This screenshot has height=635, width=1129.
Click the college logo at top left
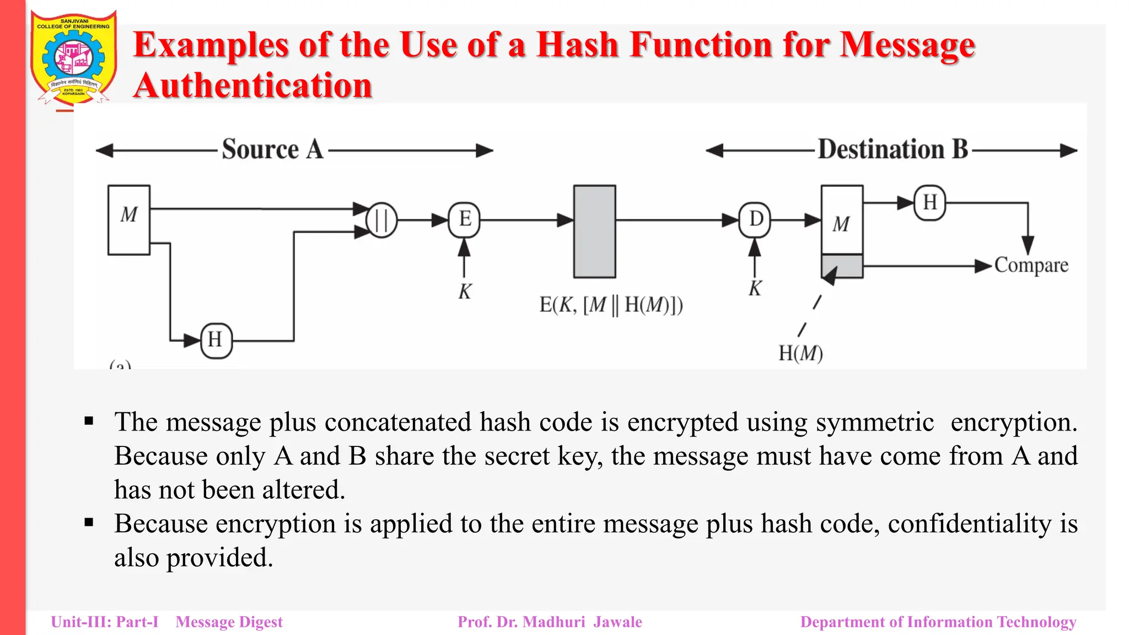click(x=73, y=58)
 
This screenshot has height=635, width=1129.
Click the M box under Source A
click(x=129, y=220)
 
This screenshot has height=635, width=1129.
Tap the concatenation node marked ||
click(x=381, y=220)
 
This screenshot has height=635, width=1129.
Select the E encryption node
click(x=465, y=220)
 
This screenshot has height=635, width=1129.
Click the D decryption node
click(x=755, y=220)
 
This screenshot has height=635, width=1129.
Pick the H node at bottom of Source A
click(x=216, y=341)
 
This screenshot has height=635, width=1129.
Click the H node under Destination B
click(x=930, y=203)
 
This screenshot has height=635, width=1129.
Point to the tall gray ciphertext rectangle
click(x=594, y=232)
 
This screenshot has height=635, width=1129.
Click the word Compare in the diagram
click(x=1031, y=266)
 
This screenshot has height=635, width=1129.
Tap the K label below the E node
click(x=465, y=292)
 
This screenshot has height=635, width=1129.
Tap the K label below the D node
click(x=755, y=288)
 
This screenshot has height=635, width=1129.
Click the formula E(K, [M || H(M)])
click(x=611, y=305)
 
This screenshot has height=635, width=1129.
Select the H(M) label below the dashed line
click(x=800, y=353)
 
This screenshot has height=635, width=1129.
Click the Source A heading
click(x=273, y=149)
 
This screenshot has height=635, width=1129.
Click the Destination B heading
click(x=893, y=149)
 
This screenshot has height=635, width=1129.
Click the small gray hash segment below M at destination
click(x=842, y=266)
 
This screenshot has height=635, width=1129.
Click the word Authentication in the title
click(x=253, y=87)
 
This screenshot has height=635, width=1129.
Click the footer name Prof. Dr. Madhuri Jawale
click(x=550, y=622)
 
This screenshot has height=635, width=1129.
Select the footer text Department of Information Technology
click(x=938, y=622)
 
